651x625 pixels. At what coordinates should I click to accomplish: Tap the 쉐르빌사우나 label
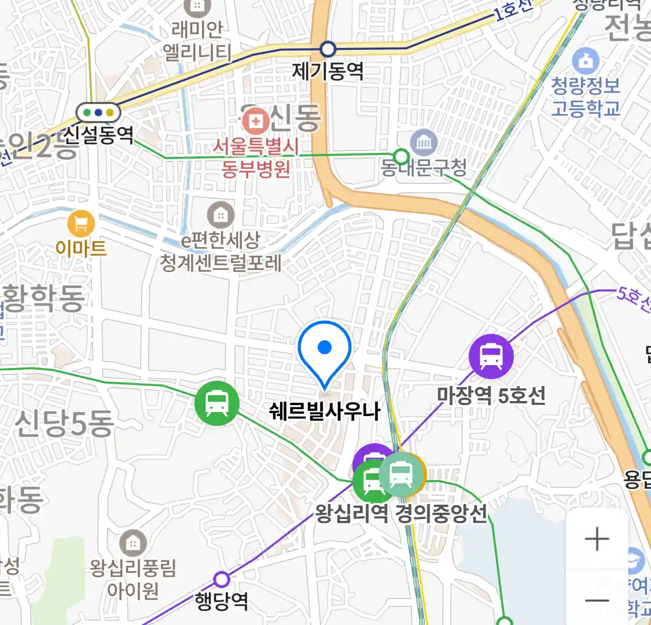(x=325, y=411)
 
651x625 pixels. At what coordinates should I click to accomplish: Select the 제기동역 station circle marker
(x=328, y=49)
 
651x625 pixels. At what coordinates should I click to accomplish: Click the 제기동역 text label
(x=328, y=72)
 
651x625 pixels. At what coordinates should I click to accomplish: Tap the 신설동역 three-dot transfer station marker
(x=98, y=112)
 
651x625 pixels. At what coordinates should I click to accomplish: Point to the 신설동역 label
(x=98, y=135)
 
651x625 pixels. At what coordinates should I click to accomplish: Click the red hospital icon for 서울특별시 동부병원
(x=255, y=122)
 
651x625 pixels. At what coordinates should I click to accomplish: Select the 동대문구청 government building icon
(x=424, y=142)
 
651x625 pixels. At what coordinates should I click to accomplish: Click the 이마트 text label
(x=81, y=248)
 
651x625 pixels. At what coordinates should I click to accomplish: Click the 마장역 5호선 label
(x=491, y=396)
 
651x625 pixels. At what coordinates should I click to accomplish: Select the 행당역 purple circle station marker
(x=222, y=579)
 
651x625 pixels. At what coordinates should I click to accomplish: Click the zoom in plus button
(x=597, y=539)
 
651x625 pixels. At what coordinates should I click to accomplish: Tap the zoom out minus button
(x=597, y=600)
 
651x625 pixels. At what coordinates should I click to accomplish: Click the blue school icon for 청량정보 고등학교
(x=586, y=61)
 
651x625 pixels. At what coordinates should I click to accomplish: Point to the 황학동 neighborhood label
(x=43, y=298)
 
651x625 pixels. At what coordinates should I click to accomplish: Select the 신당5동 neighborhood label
(x=64, y=424)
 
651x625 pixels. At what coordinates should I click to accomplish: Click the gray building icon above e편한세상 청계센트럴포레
(x=220, y=215)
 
